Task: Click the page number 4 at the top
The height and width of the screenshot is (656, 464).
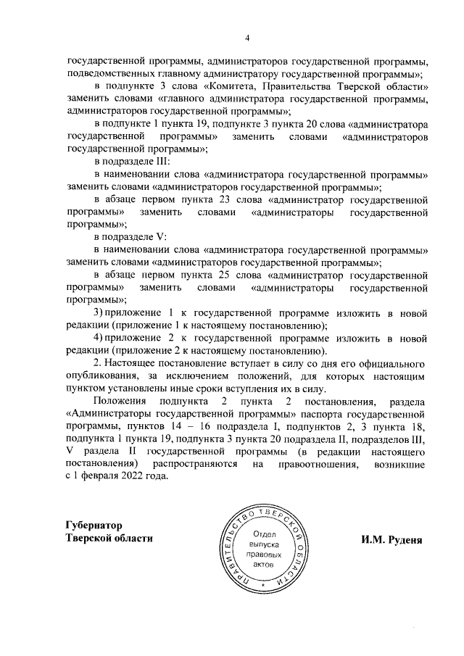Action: [246, 38]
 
